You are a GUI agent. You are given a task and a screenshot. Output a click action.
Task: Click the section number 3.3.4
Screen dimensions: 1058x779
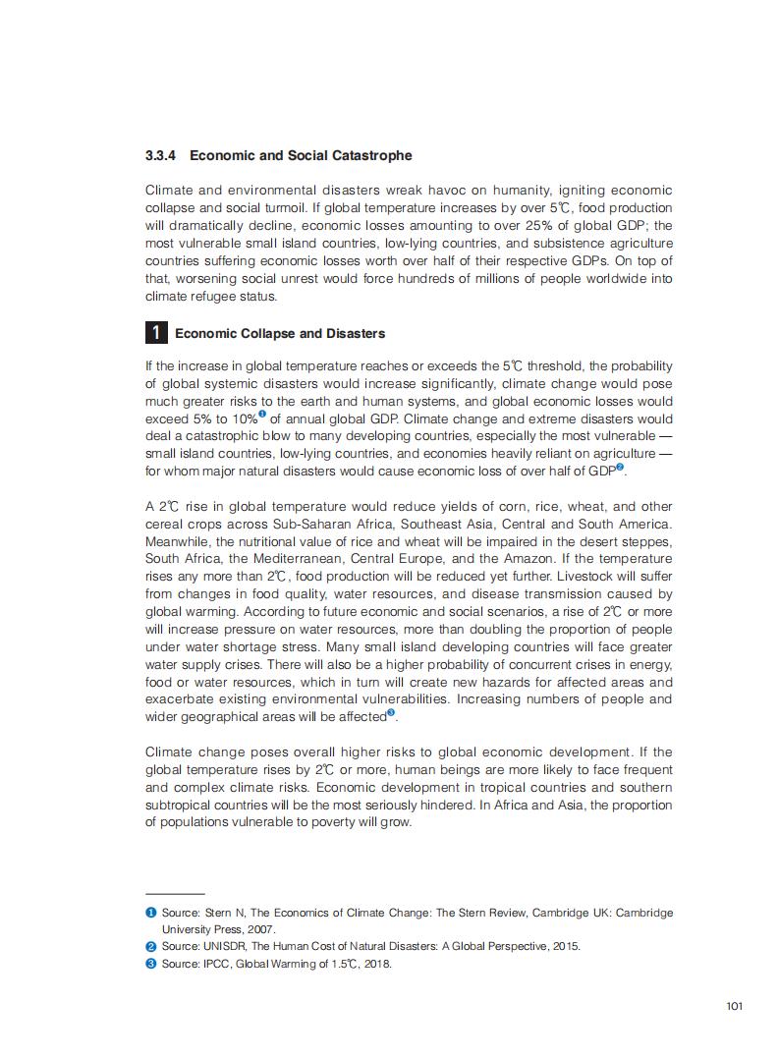point(160,156)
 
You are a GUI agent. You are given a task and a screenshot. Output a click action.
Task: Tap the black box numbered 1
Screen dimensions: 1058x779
point(155,333)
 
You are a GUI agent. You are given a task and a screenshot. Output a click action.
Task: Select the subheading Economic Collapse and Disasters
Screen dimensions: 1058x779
point(280,334)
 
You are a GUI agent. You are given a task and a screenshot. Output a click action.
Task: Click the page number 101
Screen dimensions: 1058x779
point(733,1006)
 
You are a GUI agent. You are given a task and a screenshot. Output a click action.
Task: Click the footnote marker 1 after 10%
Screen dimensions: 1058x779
point(262,415)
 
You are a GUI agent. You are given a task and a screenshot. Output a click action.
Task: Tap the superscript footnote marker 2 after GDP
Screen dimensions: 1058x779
point(620,468)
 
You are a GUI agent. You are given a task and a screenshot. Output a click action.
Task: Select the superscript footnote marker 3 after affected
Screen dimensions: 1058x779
point(391,712)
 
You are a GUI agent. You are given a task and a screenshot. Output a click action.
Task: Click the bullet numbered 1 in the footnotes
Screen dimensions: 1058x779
point(151,913)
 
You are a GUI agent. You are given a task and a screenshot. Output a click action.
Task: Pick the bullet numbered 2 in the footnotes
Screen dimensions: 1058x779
point(151,946)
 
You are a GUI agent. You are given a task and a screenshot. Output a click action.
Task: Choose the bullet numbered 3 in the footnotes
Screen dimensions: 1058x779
point(151,964)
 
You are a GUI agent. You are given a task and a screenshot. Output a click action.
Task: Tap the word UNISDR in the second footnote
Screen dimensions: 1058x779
point(223,946)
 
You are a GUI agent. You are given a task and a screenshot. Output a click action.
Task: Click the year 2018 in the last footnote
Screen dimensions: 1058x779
point(376,964)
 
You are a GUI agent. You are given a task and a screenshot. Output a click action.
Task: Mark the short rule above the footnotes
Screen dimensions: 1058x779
point(174,894)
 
